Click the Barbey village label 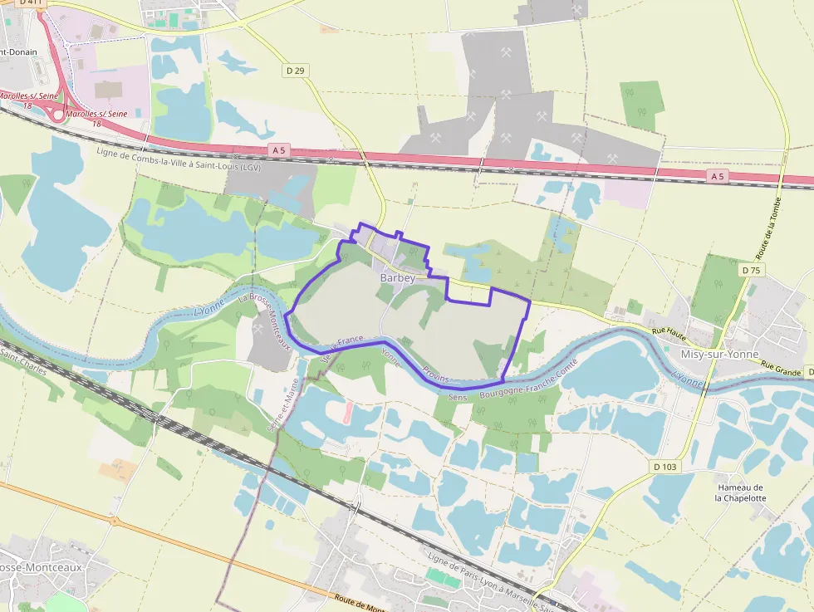click(397, 278)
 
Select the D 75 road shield click(751, 271)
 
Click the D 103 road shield click(665, 467)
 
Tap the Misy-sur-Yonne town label click(719, 354)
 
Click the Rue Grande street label click(780, 370)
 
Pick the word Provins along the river click(435, 374)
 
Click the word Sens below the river click(458, 398)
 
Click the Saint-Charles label click(23, 365)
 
